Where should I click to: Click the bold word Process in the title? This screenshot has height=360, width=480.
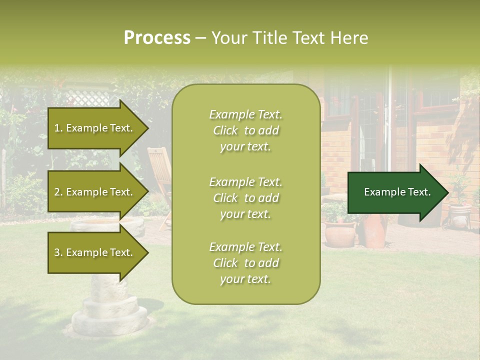pos(157,38)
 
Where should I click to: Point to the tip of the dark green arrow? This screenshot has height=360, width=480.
pos(447,192)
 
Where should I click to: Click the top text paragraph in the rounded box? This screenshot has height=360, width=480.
pos(245,130)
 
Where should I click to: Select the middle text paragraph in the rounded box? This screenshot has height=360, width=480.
pos(245,198)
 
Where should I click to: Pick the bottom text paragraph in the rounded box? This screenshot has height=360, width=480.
pos(245,263)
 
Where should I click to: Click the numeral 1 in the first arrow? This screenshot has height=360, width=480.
pos(56,128)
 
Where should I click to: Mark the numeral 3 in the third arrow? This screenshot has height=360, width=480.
pos(57,252)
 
